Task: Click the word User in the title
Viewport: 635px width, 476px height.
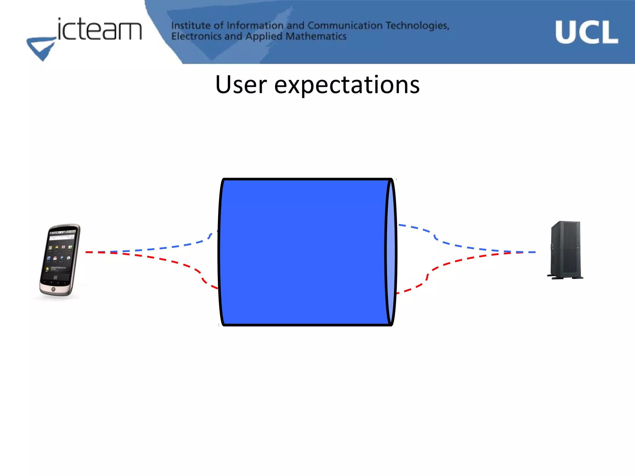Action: pos(241,85)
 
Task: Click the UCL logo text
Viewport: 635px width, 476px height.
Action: pos(586,32)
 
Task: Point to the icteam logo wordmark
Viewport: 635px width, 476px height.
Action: pos(99,30)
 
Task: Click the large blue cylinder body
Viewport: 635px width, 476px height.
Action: pos(304,252)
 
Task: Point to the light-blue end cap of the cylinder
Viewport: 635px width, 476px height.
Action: pos(391,252)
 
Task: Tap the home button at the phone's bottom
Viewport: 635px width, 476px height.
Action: pos(53,289)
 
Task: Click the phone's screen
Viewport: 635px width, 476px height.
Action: pos(60,253)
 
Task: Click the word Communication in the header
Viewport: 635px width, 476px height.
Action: pos(345,25)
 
